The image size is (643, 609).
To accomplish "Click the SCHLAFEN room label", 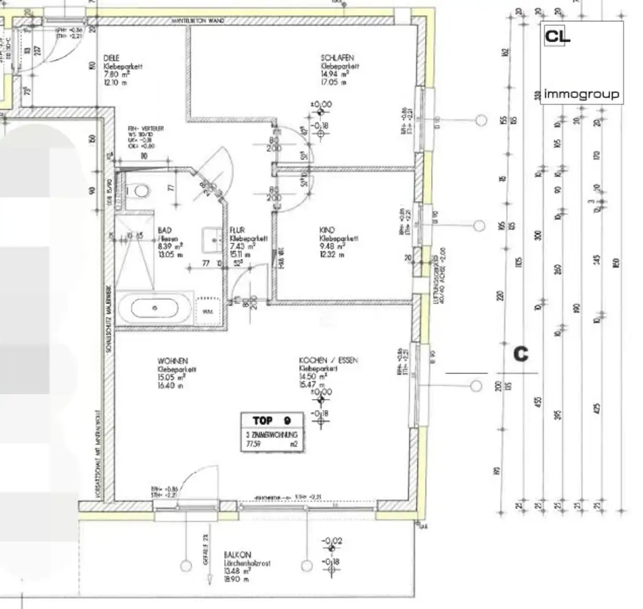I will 337,58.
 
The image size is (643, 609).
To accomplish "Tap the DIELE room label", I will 111,58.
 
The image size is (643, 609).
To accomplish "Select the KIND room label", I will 327,231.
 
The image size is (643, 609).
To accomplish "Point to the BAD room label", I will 165,231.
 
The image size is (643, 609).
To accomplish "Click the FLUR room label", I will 237,231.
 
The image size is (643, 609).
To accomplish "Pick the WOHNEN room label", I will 172,361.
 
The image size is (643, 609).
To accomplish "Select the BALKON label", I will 237,555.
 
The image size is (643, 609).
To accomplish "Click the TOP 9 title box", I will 272,420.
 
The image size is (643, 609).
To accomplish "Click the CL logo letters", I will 557,36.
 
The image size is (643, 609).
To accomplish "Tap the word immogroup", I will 581,94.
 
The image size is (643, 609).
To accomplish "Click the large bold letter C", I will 521,354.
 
